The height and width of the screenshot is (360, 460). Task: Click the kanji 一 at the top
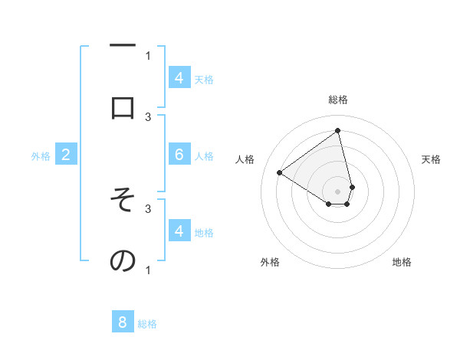click(x=123, y=47)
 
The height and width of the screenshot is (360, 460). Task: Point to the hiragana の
click(x=123, y=261)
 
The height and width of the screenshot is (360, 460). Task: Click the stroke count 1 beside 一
click(x=148, y=54)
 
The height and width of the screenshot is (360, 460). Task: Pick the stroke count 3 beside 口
click(x=148, y=116)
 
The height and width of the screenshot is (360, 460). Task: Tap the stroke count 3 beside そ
click(x=148, y=208)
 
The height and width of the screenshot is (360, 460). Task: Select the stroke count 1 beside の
click(x=148, y=270)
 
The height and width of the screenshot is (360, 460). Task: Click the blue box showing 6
click(x=179, y=155)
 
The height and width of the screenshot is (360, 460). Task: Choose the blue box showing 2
click(x=66, y=155)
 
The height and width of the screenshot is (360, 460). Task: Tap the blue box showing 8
click(x=123, y=322)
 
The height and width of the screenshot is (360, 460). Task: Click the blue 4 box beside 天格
click(x=179, y=77)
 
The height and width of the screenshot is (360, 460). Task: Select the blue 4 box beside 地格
click(x=179, y=231)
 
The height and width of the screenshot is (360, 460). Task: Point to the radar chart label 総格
click(x=338, y=100)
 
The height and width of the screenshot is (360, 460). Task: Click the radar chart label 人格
click(x=245, y=159)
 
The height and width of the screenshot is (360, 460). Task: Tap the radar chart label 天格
click(x=431, y=159)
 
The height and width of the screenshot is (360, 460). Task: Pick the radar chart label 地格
click(x=402, y=262)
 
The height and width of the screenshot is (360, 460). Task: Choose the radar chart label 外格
click(x=270, y=262)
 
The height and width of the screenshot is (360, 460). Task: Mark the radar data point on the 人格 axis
click(x=280, y=172)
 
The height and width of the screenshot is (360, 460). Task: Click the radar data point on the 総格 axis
click(x=338, y=130)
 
